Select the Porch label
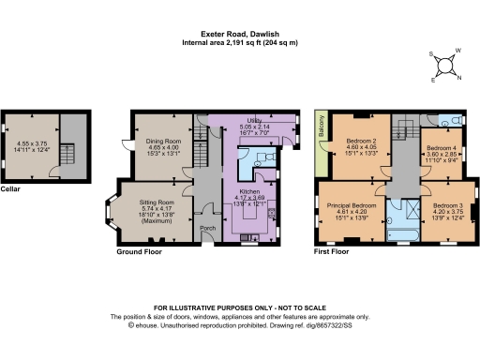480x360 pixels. [207, 226]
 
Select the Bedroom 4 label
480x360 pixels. [442, 149]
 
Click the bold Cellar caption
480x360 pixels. [10, 189]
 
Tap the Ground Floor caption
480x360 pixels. [138, 252]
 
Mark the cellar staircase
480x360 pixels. [66, 155]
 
